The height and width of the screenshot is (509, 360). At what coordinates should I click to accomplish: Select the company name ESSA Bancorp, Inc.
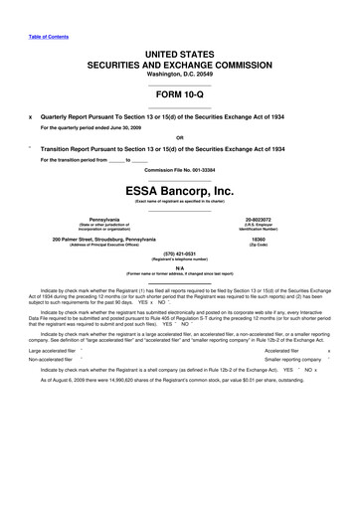(x=179, y=191)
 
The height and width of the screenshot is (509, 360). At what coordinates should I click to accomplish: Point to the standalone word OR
(x=179, y=138)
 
